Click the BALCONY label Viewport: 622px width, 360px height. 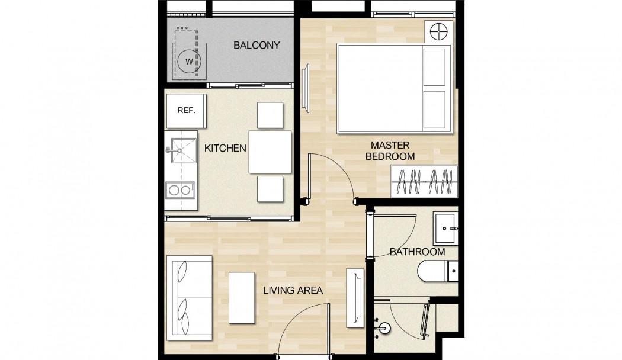(x=257, y=45)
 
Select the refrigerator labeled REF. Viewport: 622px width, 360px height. (x=187, y=111)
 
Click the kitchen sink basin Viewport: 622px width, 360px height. (x=184, y=150)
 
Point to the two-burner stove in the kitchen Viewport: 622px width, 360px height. (x=180, y=190)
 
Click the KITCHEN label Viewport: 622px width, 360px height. (x=225, y=148)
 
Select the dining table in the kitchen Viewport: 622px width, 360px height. (x=270, y=152)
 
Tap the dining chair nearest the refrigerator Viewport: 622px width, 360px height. (x=270, y=115)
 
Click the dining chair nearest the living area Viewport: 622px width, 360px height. (x=270, y=189)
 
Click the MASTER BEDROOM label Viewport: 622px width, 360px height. (x=390, y=151)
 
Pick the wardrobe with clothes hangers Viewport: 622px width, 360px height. (x=425, y=182)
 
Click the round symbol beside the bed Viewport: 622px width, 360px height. (x=439, y=31)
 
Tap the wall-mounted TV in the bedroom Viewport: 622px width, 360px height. (x=306, y=88)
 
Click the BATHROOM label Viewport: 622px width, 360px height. (x=417, y=252)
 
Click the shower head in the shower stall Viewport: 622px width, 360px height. (x=384, y=328)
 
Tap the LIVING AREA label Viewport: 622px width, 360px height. (x=293, y=291)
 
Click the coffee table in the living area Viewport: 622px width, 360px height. (x=242, y=298)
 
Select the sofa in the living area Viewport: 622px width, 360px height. (x=190, y=298)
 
